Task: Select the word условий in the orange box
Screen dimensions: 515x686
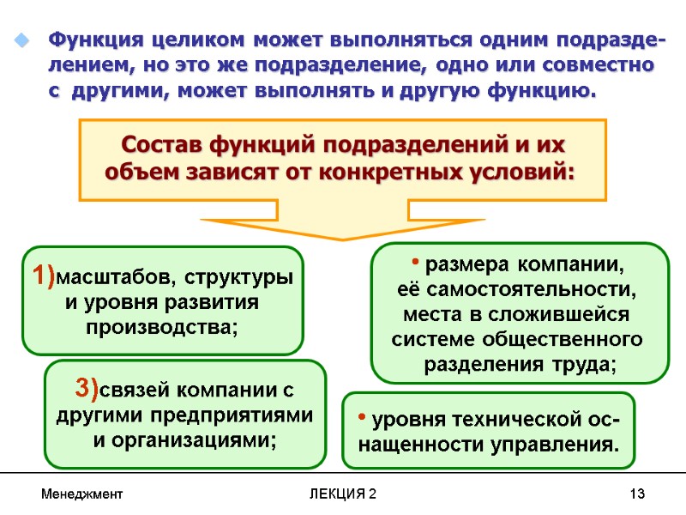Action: [x=527, y=172]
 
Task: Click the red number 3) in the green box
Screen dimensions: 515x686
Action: [x=87, y=389]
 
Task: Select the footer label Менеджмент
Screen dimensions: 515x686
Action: [x=82, y=495]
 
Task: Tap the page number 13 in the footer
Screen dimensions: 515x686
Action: [x=636, y=495]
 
